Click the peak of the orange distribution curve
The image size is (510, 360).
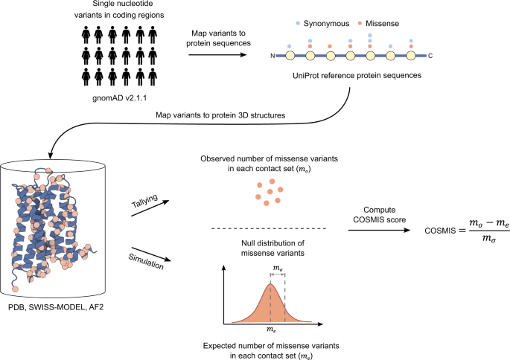tap(270, 284)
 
